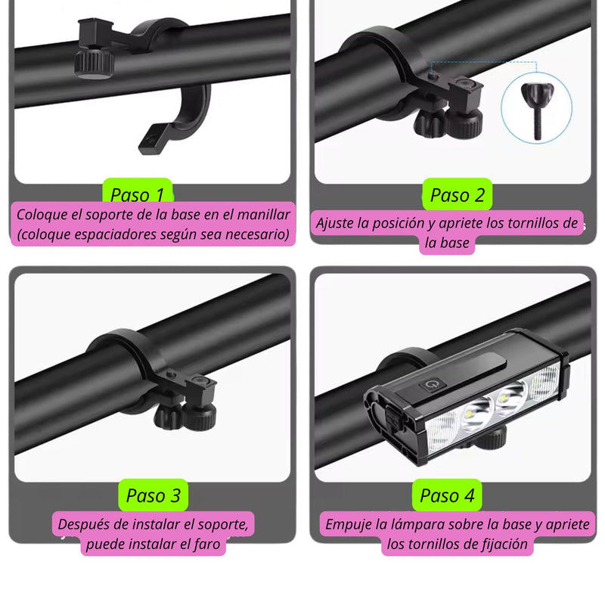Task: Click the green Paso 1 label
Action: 137,194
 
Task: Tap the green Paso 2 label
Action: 457,195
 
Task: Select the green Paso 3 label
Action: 153,495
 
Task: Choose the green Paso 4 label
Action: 448,495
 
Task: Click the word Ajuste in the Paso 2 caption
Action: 335,223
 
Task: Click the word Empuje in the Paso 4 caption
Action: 349,523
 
